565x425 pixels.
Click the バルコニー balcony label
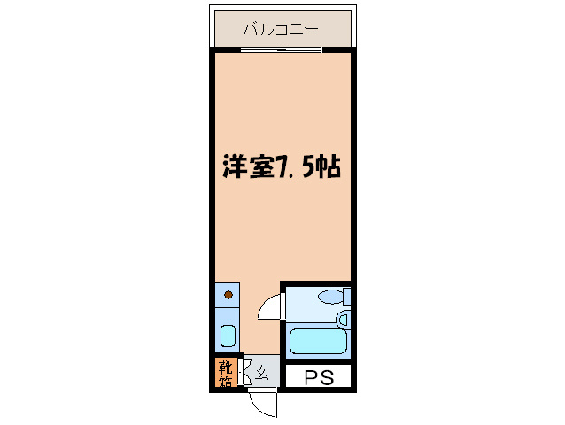click(281, 29)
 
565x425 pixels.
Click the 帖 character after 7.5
click(329, 166)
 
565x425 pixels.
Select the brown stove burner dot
click(228, 294)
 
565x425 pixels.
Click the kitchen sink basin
click(227, 336)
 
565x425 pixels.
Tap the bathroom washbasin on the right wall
click(344, 320)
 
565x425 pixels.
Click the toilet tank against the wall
click(347, 297)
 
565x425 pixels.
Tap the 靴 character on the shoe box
click(223, 366)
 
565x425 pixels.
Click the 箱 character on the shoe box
click(223, 382)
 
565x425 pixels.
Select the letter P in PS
click(310, 378)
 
